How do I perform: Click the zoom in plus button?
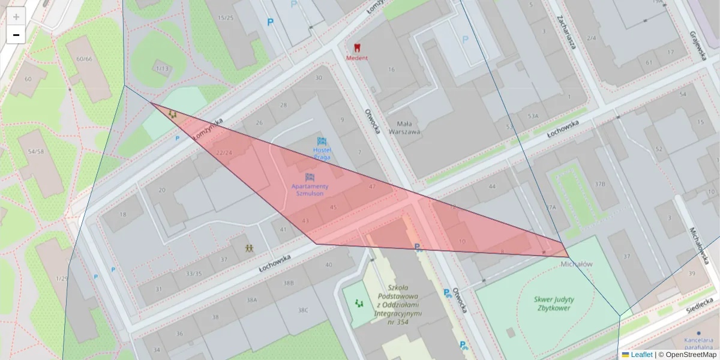[16, 17]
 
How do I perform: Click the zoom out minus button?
[16, 35]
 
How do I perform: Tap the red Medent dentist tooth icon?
[356, 47]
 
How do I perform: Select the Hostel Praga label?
[322, 153]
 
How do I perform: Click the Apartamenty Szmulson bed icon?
[310, 178]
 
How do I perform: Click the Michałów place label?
[576, 264]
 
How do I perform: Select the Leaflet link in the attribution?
[641, 355]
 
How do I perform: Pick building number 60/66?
[85, 59]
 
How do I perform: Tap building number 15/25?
[226, 18]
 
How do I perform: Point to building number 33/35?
[194, 274]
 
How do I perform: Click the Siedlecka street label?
[700, 305]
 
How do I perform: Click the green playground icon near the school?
[359, 304]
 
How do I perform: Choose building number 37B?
[599, 184]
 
